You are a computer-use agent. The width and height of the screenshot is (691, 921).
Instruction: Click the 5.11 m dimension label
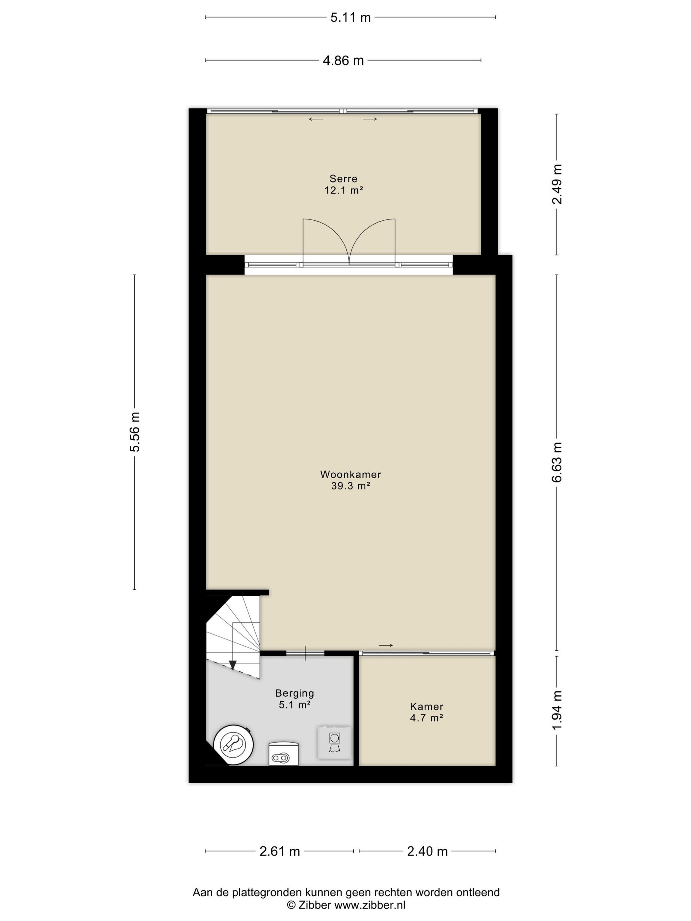tap(350, 17)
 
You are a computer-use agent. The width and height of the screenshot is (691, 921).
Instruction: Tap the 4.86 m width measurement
tap(343, 61)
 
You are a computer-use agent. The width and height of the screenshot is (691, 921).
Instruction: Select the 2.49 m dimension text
tap(557, 184)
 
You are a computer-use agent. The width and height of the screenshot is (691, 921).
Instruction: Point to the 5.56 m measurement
tap(135, 432)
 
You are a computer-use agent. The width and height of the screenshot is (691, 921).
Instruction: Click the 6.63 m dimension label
tap(557, 462)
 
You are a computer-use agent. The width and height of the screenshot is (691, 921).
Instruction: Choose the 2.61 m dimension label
tap(279, 852)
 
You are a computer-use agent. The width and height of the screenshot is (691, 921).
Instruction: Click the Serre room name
tap(343, 179)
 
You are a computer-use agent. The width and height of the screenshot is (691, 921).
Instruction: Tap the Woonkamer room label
tap(350, 474)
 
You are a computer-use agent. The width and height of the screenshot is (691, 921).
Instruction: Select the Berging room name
tap(294, 693)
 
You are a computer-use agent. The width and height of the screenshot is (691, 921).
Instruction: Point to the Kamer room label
tap(426, 707)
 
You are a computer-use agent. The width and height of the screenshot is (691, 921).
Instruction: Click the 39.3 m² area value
tap(350, 485)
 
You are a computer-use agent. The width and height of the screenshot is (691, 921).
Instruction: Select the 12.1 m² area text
tap(343, 190)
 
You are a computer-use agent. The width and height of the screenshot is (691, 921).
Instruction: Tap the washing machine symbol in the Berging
tap(334, 742)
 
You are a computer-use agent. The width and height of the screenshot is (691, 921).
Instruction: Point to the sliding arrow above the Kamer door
tap(386, 646)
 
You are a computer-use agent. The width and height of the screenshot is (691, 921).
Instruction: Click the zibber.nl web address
tap(370, 905)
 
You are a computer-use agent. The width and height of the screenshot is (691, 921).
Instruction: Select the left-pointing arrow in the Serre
tap(316, 119)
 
